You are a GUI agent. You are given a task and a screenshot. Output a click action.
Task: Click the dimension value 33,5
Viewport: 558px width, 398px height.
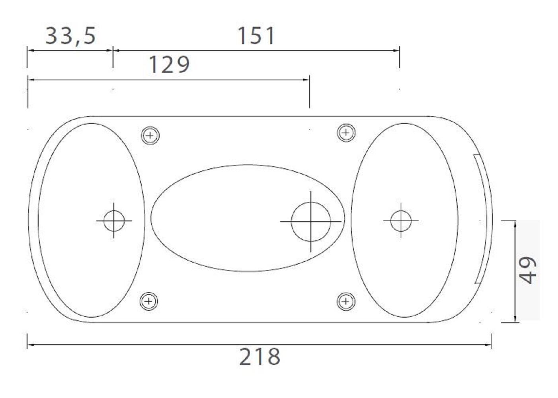click(70, 36)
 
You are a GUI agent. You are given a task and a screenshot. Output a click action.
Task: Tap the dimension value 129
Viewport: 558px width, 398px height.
click(169, 64)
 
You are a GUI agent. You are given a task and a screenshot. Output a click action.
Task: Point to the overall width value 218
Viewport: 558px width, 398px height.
click(259, 357)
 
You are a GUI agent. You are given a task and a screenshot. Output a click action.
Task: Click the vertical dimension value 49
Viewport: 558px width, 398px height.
click(529, 270)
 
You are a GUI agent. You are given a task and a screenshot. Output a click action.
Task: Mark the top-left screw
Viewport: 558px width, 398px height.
click(150, 135)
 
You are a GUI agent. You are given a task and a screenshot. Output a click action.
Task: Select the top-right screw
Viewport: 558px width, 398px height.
click(346, 133)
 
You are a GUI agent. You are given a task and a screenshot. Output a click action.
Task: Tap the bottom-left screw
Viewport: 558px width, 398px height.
click(149, 301)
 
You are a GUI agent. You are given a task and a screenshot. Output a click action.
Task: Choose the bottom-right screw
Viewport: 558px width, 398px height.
click(346, 302)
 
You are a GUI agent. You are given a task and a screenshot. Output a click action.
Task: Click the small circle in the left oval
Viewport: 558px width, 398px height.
click(114, 220)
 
